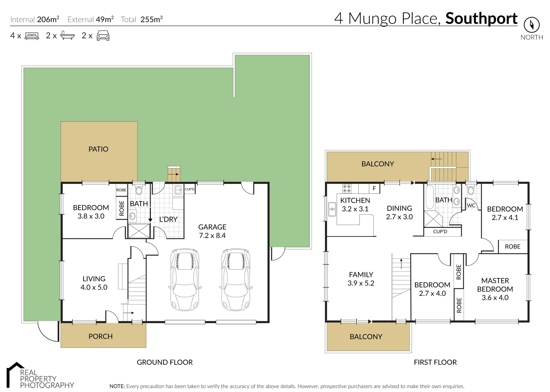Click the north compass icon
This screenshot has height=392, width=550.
pyautogui.click(x=531, y=25)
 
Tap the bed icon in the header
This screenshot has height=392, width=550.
pyautogui.click(x=32, y=36)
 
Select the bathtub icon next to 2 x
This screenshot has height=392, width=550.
pyautogui.click(x=67, y=36)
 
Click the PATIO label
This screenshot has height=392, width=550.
pyautogui.click(x=98, y=149)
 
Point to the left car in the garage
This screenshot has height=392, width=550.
pyautogui.click(x=185, y=279)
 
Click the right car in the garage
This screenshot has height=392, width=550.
pyautogui.click(x=236, y=279)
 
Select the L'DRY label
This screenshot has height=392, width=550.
pyautogui.click(x=168, y=219)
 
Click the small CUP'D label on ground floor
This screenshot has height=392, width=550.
pyautogui.click(x=190, y=189)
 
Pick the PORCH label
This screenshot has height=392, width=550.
pyautogui.click(x=101, y=336)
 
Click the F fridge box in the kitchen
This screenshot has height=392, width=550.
pyautogui.click(x=374, y=188)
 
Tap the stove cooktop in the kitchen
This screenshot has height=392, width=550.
pyautogui.click(x=347, y=188)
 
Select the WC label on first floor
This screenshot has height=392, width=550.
pyautogui.click(x=471, y=205)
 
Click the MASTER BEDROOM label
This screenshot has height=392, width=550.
pyautogui.click(x=495, y=285)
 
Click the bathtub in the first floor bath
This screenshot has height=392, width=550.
pyautogui.click(x=429, y=198)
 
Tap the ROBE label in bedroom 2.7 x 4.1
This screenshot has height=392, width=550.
pyautogui.click(x=512, y=246)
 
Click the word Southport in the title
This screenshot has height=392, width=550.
pyautogui.click(x=481, y=19)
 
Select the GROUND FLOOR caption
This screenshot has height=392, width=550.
pyautogui.click(x=164, y=362)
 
